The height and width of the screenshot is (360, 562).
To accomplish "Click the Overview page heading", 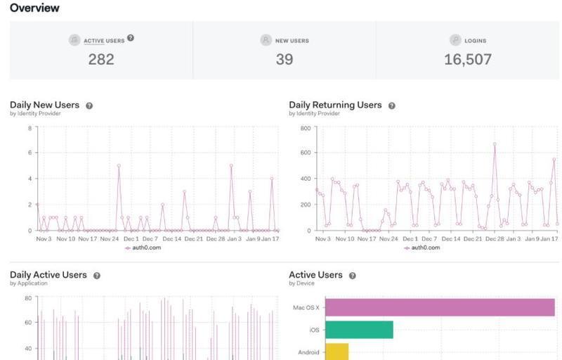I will click(34, 8).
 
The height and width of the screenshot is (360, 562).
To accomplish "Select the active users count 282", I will click(101, 60).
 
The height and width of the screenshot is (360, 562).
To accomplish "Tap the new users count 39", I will click(284, 60).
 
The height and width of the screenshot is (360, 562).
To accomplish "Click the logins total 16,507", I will click(467, 60).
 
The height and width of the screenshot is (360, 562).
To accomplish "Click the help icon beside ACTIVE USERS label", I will click(131, 38).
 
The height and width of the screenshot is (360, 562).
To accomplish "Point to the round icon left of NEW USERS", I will click(266, 41).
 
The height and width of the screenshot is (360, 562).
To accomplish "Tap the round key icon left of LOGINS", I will click(455, 41).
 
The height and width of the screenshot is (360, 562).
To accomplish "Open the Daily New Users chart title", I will click(44, 105).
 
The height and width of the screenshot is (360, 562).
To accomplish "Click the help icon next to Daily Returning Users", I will click(392, 105).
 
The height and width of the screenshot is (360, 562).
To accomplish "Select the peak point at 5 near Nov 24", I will click(119, 165).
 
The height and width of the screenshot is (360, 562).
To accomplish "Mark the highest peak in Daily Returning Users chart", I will click(495, 144).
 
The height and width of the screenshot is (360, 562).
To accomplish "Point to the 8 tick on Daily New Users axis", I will click(30, 128).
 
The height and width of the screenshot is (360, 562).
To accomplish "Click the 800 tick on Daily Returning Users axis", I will click(305, 128).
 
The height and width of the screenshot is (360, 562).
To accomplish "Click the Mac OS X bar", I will click(440, 307).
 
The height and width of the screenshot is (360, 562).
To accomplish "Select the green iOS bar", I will click(359, 330).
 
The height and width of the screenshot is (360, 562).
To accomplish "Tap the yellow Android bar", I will click(336, 352).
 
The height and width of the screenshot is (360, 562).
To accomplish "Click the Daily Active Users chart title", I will click(48, 275).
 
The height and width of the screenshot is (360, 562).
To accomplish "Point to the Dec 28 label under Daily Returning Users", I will click(494, 239).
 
